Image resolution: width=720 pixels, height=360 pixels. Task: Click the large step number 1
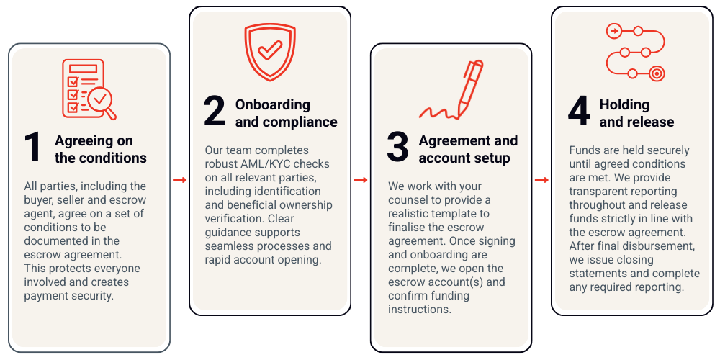coord(32,148)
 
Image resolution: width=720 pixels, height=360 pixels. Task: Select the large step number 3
coord(397,148)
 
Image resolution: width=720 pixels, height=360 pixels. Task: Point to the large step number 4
coord(578,112)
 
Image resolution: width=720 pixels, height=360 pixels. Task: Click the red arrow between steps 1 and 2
coord(180,179)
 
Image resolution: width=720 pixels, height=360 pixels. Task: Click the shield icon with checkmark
coord(270,52)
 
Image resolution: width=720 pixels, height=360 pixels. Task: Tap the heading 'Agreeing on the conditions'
coord(100,149)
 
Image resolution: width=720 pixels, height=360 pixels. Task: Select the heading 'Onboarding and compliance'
coord(286,113)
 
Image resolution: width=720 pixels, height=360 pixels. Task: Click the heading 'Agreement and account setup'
coord(468,149)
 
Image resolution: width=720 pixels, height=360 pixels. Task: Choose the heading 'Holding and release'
coord(636,113)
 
